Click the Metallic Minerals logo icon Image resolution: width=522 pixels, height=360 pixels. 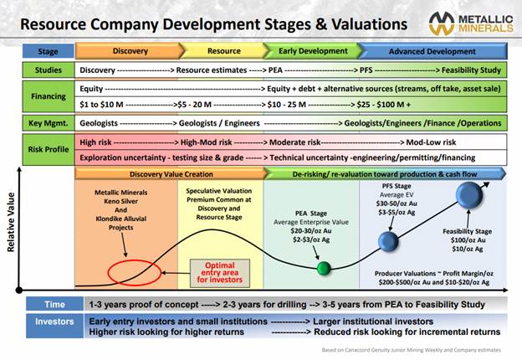[442, 23]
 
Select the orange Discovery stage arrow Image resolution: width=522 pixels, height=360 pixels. [130, 51]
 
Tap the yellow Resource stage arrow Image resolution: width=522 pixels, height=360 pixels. [224, 51]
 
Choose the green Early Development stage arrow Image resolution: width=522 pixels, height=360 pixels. [313, 51]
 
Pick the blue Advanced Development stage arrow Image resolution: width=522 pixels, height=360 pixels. [432, 51]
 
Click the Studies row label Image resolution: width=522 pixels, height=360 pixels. [49, 70]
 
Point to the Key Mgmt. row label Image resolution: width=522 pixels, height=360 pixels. [49, 123]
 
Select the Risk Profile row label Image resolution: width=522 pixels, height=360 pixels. [49, 149]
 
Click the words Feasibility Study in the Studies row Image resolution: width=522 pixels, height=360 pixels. [471, 70]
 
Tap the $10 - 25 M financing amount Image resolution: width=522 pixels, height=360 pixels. [287, 105]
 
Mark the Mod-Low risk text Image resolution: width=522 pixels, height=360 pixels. [431, 142]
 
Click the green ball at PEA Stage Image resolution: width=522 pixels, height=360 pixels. [324, 269]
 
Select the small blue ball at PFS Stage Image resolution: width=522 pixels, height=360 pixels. [388, 241]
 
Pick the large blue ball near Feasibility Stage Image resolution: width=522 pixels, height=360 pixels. [469, 195]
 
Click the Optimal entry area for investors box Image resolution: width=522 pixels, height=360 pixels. [220, 273]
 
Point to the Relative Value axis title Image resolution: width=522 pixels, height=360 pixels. [11, 222]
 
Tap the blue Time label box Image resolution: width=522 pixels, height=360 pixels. [55, 304]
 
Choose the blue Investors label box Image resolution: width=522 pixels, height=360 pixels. [55, 326]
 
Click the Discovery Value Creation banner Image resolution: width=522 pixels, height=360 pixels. [171, 174]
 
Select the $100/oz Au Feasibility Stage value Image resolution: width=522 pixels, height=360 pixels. [468, 240]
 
